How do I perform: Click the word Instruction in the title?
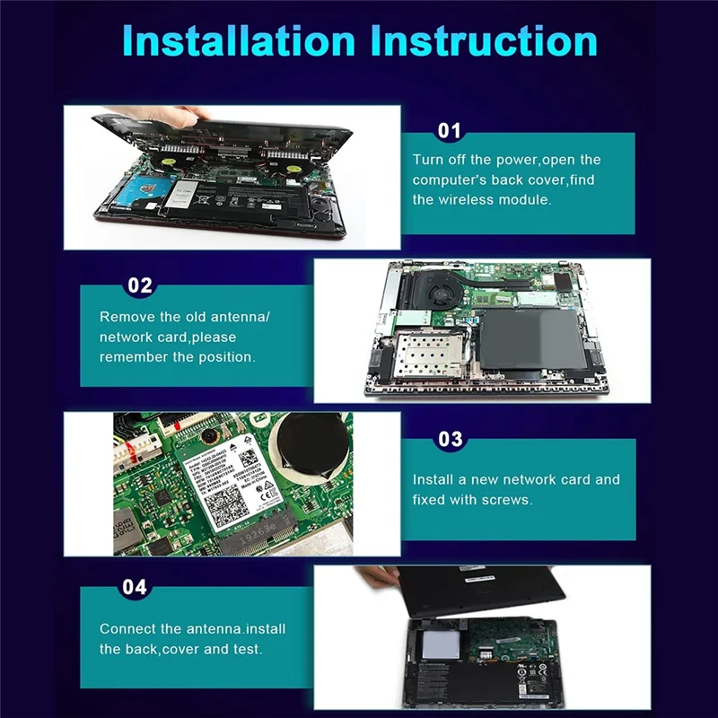click(485, 41)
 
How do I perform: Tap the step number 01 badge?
click(449, 132)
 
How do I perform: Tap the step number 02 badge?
click(140, 286)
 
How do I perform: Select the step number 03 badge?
click(450, 439)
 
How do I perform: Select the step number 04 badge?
click(135, 588)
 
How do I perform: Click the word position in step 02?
click(224, 356)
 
